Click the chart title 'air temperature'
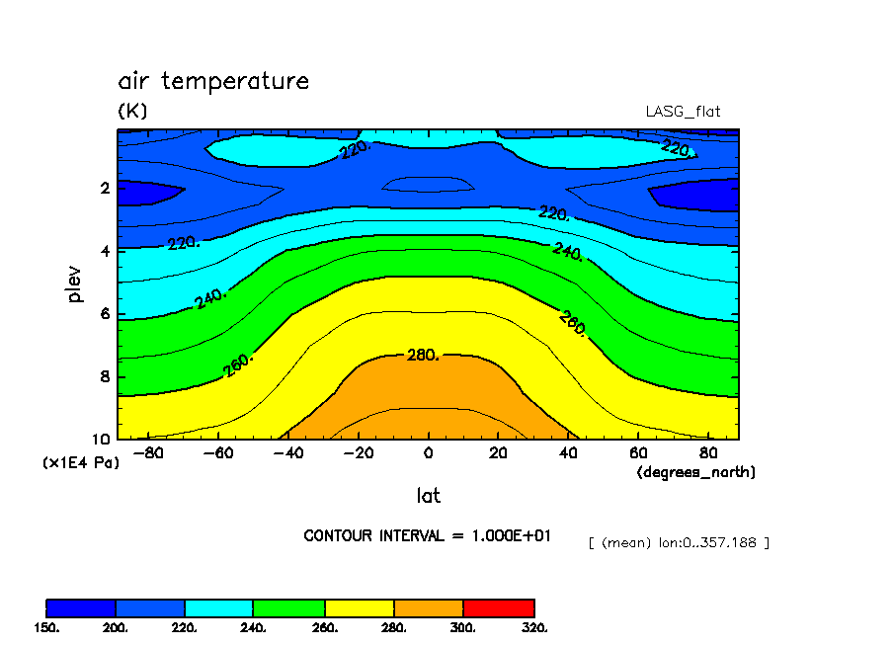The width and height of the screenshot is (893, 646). pos(213,81)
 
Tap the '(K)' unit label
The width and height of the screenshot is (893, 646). pos(132,112)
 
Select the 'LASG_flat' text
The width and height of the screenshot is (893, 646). pos(682,112)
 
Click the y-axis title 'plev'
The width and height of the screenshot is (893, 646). pos(76,283)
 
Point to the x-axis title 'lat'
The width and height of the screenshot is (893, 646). pos(428,496)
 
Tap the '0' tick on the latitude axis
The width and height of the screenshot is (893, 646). pos(428,453)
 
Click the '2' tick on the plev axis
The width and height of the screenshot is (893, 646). pos(104,188)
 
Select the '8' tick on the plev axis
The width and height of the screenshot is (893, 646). pos(104,376)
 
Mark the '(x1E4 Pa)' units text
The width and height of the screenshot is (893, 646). pos(80,462)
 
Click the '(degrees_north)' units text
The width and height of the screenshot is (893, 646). pos(695,473)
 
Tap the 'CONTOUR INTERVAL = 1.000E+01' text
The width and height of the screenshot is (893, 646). pos(427,535)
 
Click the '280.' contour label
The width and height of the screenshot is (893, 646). pos(423,356)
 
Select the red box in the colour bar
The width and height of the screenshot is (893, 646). pos(499,607)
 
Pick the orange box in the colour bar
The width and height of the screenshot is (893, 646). pos(429,607)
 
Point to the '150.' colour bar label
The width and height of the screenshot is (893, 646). pos(46,627)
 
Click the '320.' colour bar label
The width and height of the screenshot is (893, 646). pos(533,627)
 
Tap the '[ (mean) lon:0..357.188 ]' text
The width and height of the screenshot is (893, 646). pos(678,542)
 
